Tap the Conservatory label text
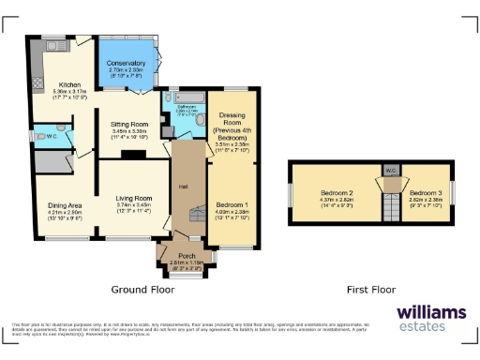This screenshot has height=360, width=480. click(x=126, y=63)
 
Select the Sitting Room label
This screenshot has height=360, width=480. click(x=131, y=124)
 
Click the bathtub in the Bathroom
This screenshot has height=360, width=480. click(x=186, y=98)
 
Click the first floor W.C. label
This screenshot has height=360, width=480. click(x=389, y=171)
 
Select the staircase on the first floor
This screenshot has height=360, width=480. click(x=389, y=202)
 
